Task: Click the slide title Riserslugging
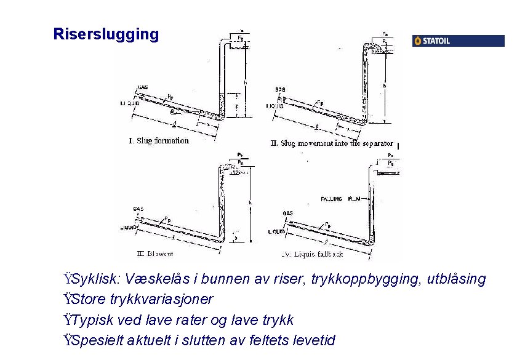pos(106,34)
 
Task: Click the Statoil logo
pos(458,41)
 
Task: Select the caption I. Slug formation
pos(159,141)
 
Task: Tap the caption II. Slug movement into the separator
pos(332,143)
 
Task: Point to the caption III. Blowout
pos(154,254)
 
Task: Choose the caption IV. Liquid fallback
pos(312,254)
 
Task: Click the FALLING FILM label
pos(340,199)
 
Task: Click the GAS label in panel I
pos(142,87)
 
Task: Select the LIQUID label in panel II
pos(275,106)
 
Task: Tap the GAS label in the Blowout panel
pos(138,209)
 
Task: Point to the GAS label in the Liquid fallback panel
pos(287,214)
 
